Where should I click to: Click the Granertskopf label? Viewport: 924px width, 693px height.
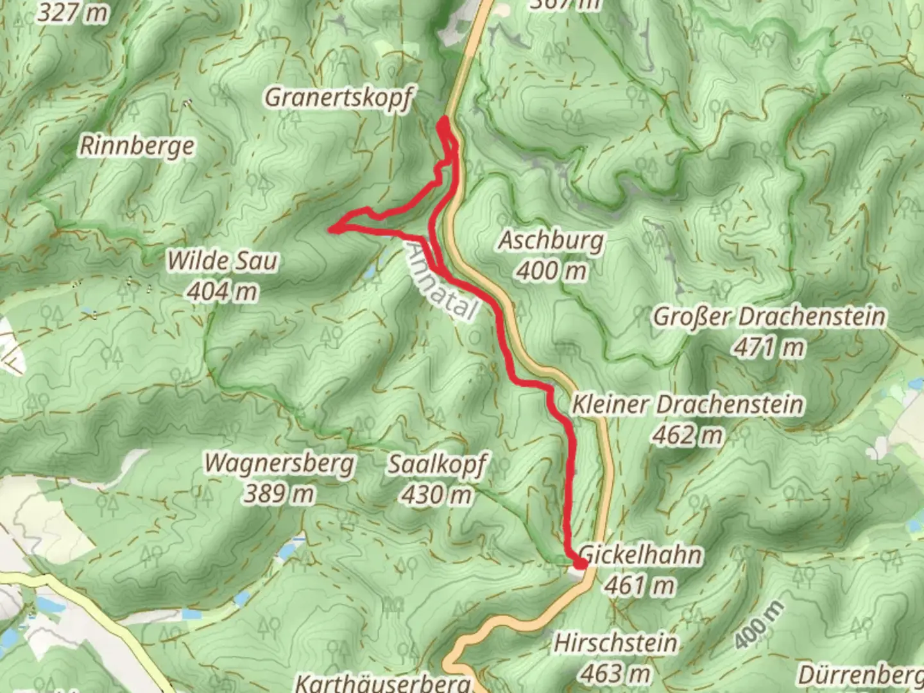point(338,98)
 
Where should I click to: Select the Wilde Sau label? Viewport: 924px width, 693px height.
point(222,261)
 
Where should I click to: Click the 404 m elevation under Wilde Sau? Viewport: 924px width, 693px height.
point(222,292)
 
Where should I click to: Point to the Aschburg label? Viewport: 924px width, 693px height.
point(551,241)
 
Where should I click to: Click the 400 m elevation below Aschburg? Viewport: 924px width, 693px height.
point(551,271)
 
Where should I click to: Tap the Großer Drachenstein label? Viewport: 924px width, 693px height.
point(769,316)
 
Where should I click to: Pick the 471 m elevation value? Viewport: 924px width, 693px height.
point(769,348)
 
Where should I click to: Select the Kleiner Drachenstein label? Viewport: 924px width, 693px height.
point(687,405)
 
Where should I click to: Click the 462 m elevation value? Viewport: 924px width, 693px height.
point(687,436)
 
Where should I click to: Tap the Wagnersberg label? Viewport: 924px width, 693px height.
point(279,463)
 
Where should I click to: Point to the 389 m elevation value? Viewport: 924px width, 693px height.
point(279,494)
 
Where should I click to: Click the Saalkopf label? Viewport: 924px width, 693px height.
point(437,464)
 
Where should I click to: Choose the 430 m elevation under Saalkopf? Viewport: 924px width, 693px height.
point(437,495)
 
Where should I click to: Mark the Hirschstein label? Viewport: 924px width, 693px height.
point(615,642)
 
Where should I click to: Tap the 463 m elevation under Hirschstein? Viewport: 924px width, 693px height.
point(615,673)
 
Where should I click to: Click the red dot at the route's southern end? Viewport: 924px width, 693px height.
point(579,564)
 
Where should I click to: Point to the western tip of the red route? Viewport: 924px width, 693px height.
point(332,228)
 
